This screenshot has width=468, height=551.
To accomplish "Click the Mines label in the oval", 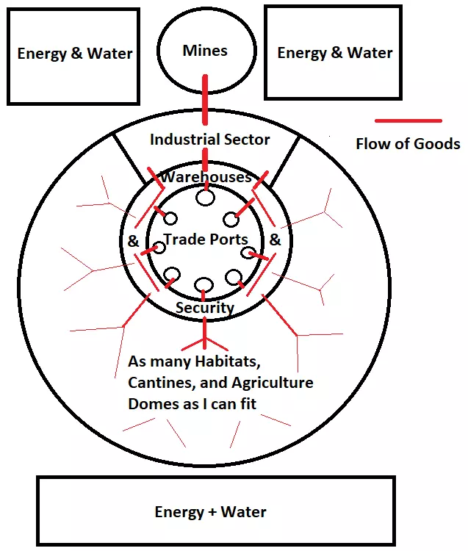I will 205,51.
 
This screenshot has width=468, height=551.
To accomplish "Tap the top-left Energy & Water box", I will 75,54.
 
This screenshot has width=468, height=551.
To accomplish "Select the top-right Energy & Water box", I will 334,53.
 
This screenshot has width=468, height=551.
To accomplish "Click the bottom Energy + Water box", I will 211,512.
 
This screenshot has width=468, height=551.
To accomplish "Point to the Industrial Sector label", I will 209,139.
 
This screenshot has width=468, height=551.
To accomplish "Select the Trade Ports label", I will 206,240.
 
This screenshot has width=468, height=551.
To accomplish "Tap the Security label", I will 204,308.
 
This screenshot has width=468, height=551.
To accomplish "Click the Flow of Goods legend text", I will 408,143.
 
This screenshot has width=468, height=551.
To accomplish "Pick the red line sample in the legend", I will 408,120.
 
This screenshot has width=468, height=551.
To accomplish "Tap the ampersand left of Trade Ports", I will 134,241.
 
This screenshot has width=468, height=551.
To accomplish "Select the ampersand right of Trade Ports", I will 275,240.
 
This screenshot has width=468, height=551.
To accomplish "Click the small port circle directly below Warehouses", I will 206,197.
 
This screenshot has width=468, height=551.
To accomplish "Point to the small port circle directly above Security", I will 204,285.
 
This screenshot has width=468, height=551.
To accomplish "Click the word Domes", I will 152,404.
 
